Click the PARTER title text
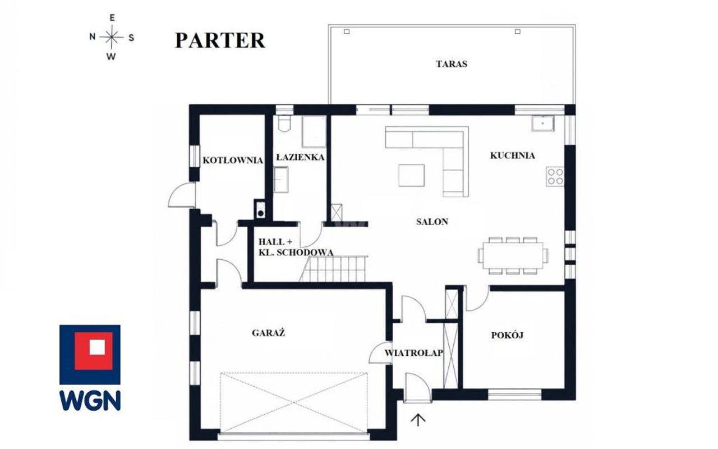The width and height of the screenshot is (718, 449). pos(220,40)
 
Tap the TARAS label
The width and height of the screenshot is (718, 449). pos(452,64)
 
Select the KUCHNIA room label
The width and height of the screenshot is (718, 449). pos(512,155)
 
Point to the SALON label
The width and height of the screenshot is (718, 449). pos(432,222)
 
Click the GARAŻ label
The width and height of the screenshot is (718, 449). pos(268,333)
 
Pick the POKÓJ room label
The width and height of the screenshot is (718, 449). pos(507,335)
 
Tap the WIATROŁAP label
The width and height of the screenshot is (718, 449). pos(413,353)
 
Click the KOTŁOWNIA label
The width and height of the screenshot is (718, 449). pos(233,160)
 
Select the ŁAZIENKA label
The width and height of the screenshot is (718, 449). pos(300,157)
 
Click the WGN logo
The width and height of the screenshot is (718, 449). pos(90,368)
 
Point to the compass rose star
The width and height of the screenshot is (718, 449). pos(111,37)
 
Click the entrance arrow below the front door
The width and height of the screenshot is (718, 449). pos(418,420)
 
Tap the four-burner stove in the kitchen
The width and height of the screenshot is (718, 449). pos(555,176)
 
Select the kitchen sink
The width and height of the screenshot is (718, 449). pos(543,123)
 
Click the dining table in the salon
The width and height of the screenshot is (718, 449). pos(513,255)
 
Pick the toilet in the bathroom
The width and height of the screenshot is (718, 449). pos(284,123)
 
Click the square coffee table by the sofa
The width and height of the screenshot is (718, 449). pos(412,175)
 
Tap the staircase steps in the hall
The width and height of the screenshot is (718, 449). pos(333,269)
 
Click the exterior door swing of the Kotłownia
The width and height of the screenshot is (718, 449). pos(181,195)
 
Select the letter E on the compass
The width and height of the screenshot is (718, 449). pos(112,18)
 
